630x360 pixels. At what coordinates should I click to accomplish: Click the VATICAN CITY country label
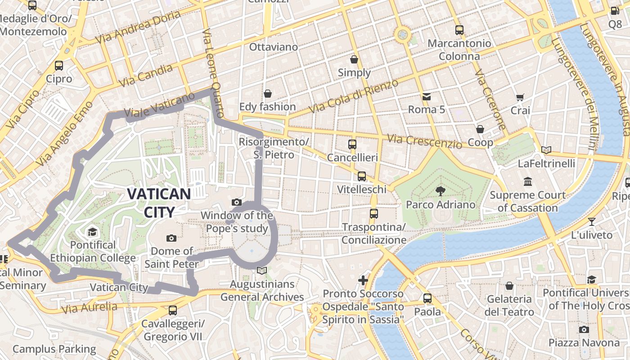(158, 202)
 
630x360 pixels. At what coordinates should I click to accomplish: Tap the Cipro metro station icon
(59, 66)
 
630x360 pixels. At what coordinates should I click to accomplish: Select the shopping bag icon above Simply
(354, 59)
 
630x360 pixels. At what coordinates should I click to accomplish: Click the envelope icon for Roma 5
(426, 96)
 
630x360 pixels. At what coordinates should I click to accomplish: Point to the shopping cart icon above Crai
(520, 97)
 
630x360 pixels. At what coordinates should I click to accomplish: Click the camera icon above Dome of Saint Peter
(171, 238)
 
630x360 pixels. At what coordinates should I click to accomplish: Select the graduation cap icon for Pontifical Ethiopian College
(92, 232)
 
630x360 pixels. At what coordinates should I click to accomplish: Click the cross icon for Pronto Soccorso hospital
(363, 281)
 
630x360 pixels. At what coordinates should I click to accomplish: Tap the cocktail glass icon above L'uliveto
(592, 221)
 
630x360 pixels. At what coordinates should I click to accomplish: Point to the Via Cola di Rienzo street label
(354, 96)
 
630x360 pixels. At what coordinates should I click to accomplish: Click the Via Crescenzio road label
(425, 142)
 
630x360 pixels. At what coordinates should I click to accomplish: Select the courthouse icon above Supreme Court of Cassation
(527, 182)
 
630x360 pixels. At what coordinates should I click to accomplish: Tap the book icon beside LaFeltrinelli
(546, 150)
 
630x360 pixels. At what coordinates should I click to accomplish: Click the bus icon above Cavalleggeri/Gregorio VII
(173, 310)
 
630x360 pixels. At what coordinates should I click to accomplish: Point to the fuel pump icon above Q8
(615, 11)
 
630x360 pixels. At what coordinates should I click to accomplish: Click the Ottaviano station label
(273, 47)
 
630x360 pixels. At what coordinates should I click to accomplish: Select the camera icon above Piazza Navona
(584, 329)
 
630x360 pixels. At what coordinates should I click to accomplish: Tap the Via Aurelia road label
(89, 308)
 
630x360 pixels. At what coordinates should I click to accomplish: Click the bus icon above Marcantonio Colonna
(459, 30)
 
